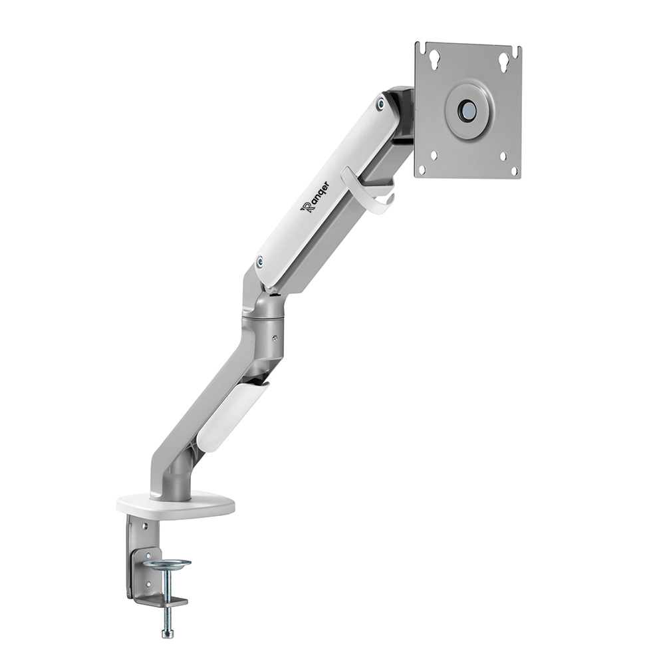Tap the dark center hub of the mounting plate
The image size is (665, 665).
468,110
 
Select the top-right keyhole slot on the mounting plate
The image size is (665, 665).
504,61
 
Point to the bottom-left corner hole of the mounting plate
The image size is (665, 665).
432,157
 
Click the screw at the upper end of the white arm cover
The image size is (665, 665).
380,104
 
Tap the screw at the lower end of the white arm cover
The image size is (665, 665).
259,261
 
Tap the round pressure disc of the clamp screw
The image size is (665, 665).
167,565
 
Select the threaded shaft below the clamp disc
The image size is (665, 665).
166,585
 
